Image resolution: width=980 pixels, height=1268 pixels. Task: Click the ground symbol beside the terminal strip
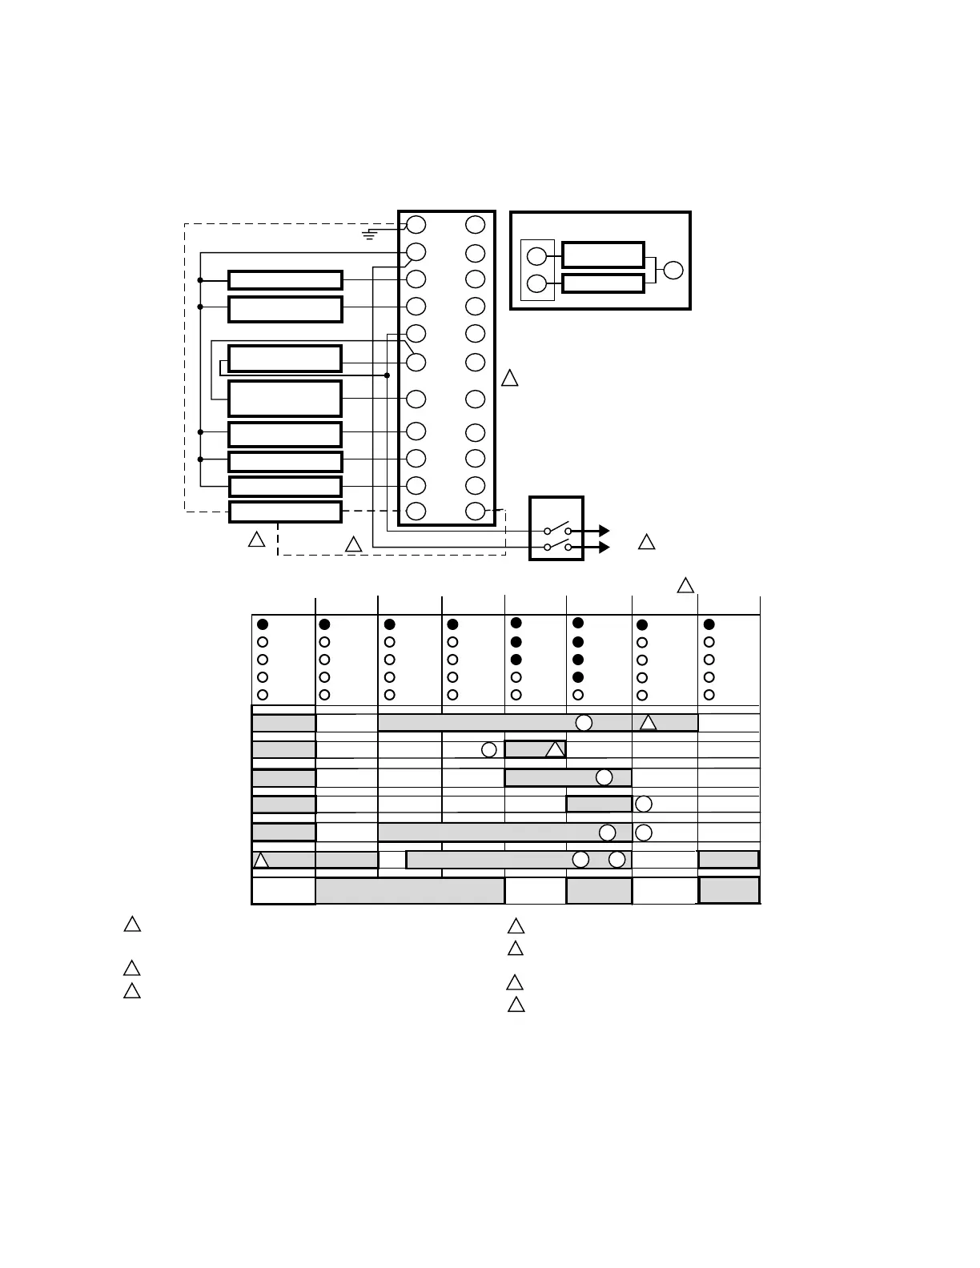tap(369, 235)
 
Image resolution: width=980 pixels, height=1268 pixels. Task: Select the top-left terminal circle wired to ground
tap(416, 224)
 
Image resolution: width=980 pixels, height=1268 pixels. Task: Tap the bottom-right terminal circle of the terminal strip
tap(475, 511)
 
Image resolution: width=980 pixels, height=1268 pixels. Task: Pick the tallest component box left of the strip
tap(285, 398)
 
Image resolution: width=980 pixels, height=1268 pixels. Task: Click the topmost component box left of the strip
tap(285, 279)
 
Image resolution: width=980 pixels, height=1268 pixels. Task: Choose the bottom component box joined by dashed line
tap(285, 512)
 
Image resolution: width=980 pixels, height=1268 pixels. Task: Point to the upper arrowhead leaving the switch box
tap(604, 531)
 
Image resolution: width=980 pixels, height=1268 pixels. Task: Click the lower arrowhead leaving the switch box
tap(604, 548)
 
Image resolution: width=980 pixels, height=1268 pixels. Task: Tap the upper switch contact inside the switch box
tap(558, 529)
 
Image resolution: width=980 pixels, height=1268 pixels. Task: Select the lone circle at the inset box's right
tap(673, 270)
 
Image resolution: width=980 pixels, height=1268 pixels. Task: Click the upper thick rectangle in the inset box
tap(603, 255)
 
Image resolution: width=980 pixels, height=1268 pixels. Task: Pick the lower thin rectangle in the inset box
tap(603, 283)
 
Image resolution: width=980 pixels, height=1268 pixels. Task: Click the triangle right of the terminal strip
tap(509, 379)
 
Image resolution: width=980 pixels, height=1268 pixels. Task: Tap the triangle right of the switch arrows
tap(646, 543)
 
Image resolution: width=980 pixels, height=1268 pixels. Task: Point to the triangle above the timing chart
tap(685, 585)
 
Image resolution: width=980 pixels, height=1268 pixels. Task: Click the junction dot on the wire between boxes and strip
tap(387, 375)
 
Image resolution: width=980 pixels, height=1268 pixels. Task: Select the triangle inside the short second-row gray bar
tap(555, 750)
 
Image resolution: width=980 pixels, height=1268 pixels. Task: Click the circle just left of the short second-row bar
tap(489, 750)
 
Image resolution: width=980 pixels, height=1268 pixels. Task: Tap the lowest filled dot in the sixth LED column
tap(578, 677)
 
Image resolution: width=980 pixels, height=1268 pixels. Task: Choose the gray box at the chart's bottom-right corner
tap(729, 889)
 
